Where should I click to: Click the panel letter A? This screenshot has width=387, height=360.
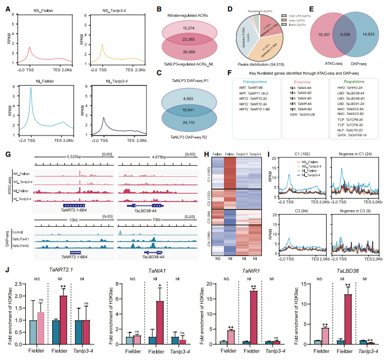[7, 8]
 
